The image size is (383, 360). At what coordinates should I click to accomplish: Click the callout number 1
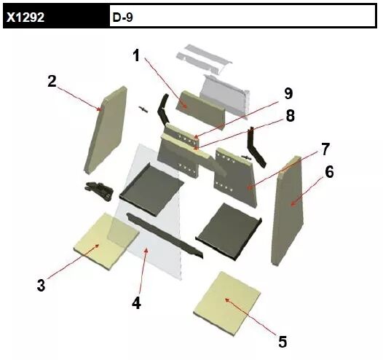coord(136,55)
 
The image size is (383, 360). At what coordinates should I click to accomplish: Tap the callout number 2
coord(52,81)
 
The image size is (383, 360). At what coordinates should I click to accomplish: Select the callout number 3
coord(41,285)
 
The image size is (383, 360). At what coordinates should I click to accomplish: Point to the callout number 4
coord(137,303)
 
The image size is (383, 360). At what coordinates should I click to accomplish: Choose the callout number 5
coord(283,342)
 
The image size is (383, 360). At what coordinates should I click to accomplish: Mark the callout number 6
coord(329,172)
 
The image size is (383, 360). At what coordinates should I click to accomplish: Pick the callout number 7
coord(325,149)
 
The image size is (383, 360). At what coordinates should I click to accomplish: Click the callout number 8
coord(291,115)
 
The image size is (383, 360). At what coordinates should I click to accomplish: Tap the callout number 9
coord(288,93)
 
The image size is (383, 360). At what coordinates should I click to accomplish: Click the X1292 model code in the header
coord(25,17)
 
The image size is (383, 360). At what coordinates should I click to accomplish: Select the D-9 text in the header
coord(123,17)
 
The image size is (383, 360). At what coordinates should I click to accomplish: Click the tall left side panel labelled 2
coord(106,130)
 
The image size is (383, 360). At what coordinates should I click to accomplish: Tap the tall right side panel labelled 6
coord(288,211)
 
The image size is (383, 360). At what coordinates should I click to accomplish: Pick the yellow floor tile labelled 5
coord(227,304)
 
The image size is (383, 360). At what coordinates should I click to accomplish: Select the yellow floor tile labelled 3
coord(106,241)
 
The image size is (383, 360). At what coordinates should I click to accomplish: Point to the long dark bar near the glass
coord(165,235)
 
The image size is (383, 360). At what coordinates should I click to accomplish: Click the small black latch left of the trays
coord(99,190)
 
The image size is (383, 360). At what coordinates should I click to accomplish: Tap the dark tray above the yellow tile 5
coord(229,232)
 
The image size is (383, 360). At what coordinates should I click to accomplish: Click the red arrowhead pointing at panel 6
coord(293,203)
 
